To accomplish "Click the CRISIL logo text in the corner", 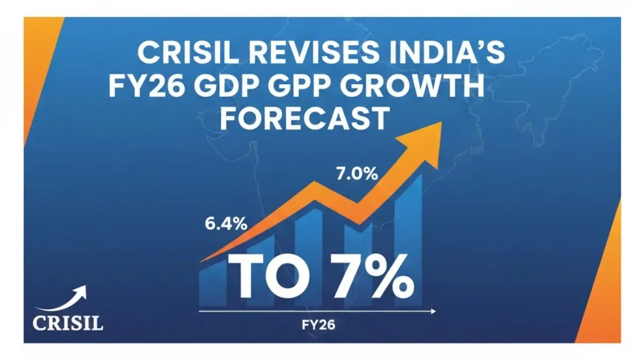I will coord(68,323).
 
